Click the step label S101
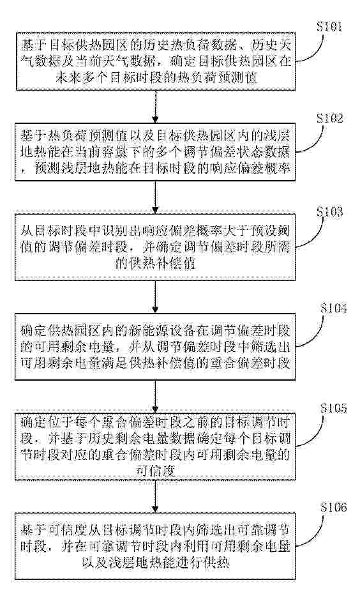pos(329,27)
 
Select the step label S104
pos(333,308)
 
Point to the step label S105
pos(333,408)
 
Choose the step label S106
pos(333,507)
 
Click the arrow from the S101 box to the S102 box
pos(155,107)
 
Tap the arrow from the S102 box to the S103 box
pos(155,197)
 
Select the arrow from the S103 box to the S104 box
pos(155,296)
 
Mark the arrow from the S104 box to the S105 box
pos(155,396)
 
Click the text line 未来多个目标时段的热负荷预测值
pos(156,78)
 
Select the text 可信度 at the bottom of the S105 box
pos(155,471)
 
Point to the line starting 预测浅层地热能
pos(155,168)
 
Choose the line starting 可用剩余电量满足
pos(155,363)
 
